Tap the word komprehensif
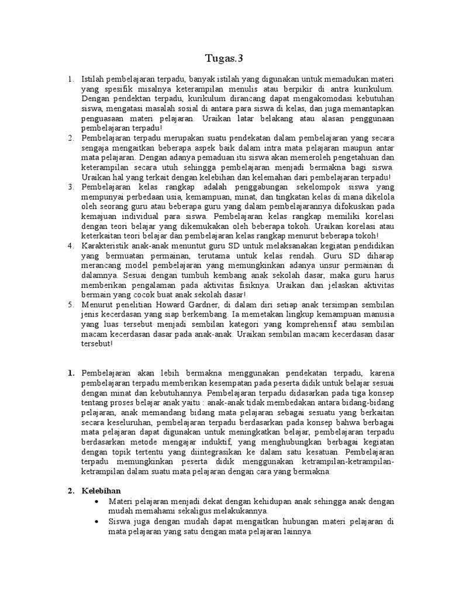click(x=304, y=325)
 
